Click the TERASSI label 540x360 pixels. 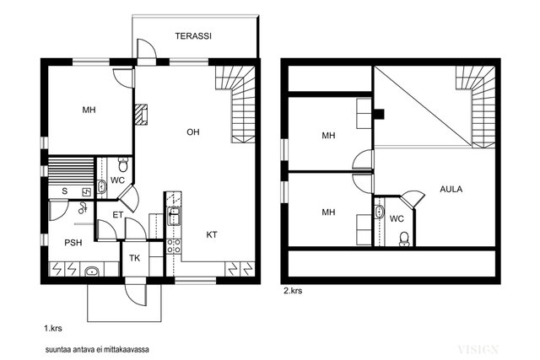(x=193, y=36)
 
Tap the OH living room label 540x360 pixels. (x=193, y=132)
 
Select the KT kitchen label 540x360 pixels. (x=212, y=234)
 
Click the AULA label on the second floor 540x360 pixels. (x=451, y=189)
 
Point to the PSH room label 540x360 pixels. (x=73, y=243)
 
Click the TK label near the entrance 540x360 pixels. (x=135, y=258)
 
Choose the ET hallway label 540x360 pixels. (x=118, y=215)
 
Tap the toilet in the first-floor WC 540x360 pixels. (x=123, y=164)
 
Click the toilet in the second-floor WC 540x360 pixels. (x=404, y=239)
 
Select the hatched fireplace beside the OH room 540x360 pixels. (x=141, y=115)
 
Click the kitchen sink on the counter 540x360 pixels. (x=174, y=216)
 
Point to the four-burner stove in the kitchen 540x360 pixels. (x=174, y=245)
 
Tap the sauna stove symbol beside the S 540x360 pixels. (x=86, y=192)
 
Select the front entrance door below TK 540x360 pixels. (x=136, y=294)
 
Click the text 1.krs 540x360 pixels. (x=53, y=328)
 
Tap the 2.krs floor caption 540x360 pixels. (x=293, y=291)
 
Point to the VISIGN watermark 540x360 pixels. (x=478, y=350)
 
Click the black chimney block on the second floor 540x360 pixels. (x=379, y=114)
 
